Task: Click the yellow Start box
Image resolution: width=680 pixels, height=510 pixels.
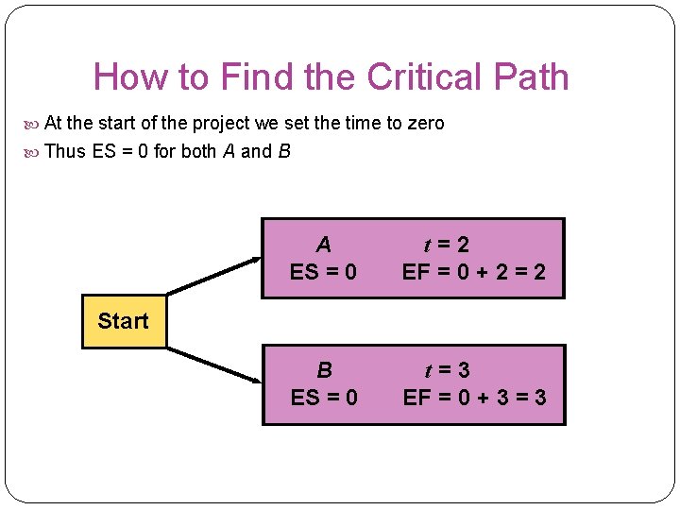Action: pos(123,321)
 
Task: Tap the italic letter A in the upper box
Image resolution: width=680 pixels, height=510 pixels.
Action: pos(324,246)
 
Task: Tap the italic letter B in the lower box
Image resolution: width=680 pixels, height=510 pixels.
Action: pos(324,370)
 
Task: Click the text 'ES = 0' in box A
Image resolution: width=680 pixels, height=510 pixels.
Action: pos(324,273)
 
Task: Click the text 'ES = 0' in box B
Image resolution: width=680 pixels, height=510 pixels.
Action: pos(324,397)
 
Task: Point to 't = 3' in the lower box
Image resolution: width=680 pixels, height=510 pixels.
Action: pos(447,370)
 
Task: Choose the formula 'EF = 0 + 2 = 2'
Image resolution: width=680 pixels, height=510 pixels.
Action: pos(474,273)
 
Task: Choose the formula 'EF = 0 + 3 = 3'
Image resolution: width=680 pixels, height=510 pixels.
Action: pos(474,397)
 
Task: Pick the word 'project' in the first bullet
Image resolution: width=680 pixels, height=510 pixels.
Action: pos(222,124)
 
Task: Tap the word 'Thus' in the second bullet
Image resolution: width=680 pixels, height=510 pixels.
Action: pos(65,151)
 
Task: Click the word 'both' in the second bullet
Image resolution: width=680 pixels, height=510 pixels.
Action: pos(198,151)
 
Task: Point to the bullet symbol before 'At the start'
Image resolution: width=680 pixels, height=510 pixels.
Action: pos(34,124)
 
